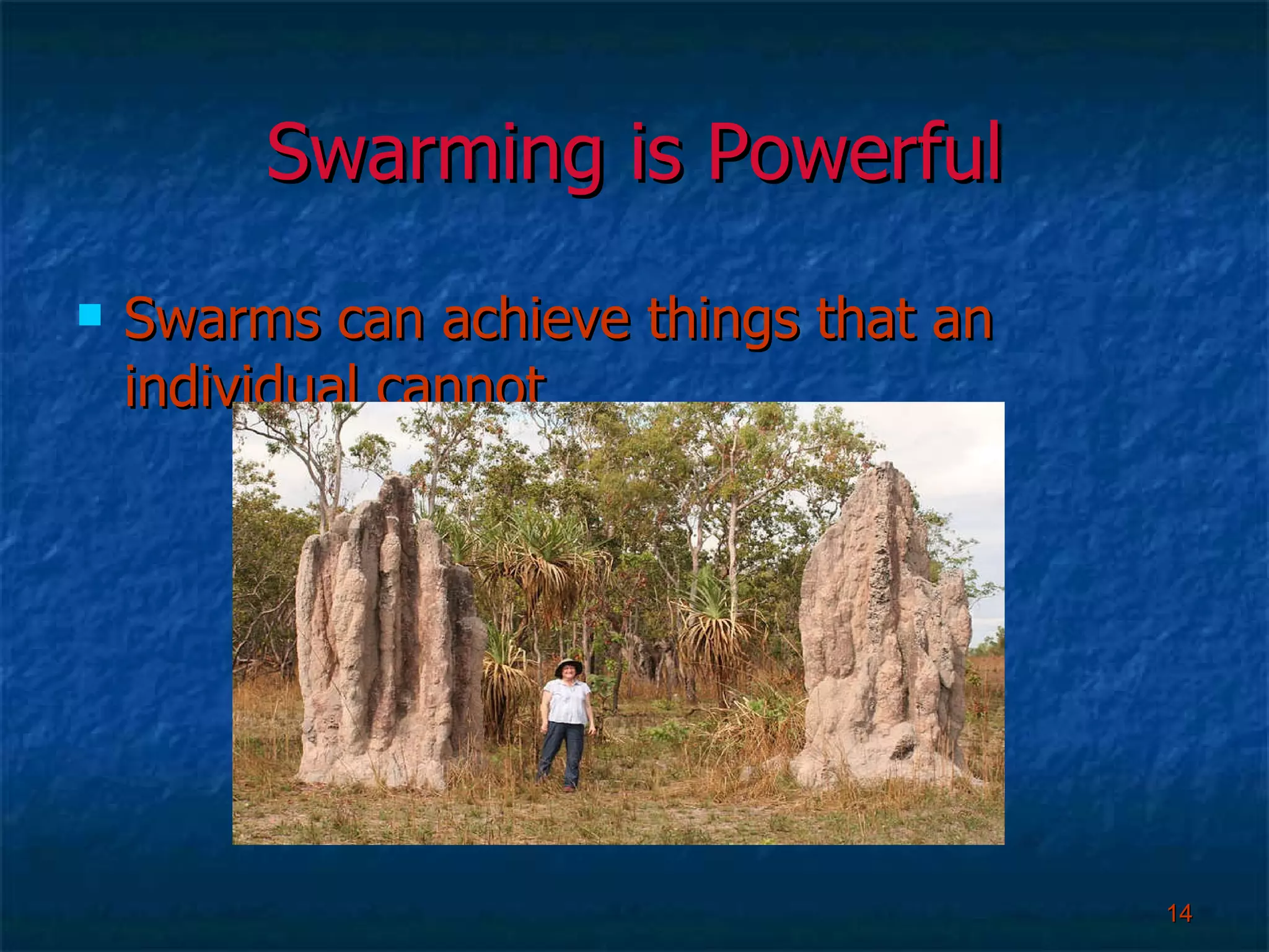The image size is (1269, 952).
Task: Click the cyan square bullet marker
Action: (90, 315)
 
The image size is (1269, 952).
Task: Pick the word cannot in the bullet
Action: (462, 387)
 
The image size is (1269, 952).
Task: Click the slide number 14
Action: (1179, 913)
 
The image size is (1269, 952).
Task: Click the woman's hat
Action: (568, 666)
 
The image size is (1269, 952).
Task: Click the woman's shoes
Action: (568, 788)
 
